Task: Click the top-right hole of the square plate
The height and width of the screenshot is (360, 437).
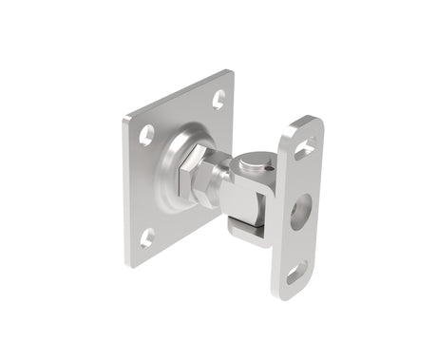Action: (218, 98)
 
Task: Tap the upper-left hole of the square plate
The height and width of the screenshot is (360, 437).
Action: (146, 135)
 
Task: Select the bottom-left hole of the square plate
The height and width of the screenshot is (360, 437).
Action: (146, 237)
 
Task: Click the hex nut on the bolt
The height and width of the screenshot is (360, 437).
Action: (194, 180)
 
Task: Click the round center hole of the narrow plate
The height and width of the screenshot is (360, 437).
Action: (300, 208)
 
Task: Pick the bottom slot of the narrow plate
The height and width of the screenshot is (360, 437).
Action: (295, 273)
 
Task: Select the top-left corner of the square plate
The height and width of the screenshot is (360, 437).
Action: (125, 120)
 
